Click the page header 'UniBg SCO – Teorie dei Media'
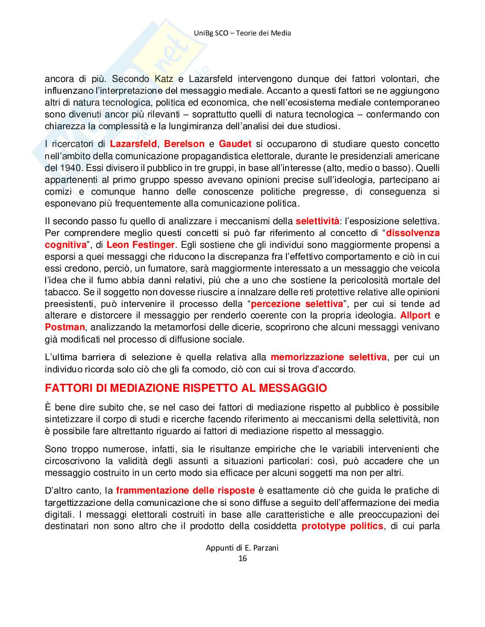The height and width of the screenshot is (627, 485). click(x=242, y=33)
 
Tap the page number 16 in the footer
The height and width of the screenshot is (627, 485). click(x=243, y=559)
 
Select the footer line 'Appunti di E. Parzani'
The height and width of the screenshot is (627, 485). click(x=242, y=548)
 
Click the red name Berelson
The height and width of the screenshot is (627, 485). click(x=184, y=144)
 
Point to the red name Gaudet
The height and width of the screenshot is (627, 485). click(x=235, y=144)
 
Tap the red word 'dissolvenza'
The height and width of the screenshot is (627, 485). click(x=413, y=233)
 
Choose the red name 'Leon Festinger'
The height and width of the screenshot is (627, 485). click(x=140, y=244)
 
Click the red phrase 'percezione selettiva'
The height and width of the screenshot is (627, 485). click(x=297, y=304)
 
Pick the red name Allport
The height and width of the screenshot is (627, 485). click(x=415, y=315)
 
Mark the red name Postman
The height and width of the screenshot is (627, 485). click(x=65, y=327)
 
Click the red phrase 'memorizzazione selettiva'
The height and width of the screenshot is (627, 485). click(x=328, y=357)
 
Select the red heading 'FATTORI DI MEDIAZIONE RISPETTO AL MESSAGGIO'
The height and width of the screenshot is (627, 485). click(x=186, y=388)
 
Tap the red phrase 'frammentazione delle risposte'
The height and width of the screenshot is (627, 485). click(x=185, y=491)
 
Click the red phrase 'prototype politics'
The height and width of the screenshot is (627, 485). click(x=342, y=526)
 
